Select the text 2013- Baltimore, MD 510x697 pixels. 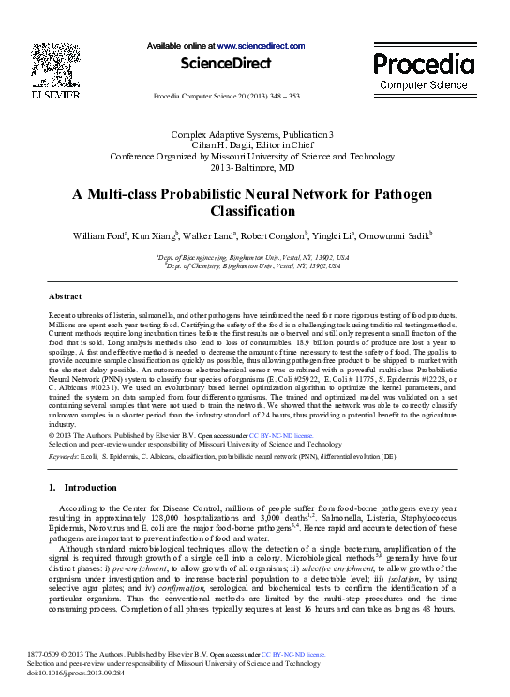(253, 167)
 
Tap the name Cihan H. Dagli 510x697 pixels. (208, 146)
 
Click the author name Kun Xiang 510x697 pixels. (156, 235)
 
